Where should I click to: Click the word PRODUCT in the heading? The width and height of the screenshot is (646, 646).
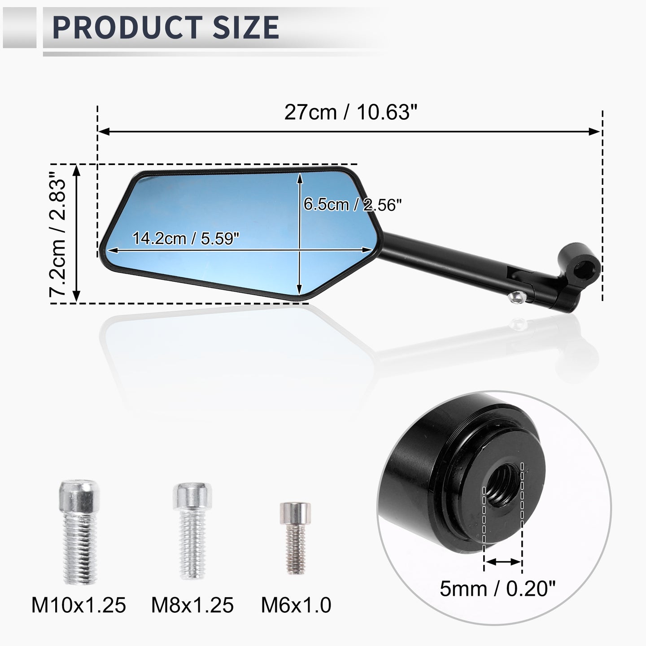(127, 27)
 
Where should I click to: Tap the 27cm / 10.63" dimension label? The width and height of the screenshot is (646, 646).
(351, 112)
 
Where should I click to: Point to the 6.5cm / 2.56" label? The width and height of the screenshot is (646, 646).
(352, 204)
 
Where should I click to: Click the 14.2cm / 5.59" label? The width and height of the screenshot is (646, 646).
(186, 238)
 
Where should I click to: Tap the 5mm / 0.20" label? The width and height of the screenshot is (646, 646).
(498, 589)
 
